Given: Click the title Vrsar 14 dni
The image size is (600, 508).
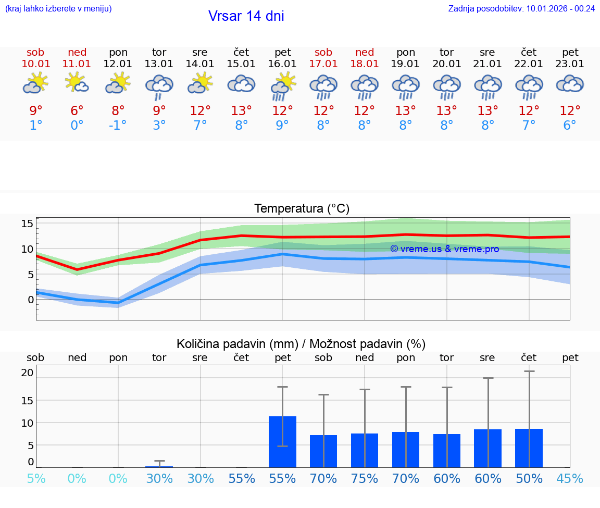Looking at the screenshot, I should [x=246, y=16].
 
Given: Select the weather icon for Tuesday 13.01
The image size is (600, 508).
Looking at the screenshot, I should [x=159, y=86].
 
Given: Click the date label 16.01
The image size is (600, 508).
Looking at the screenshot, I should [x=282, y=64].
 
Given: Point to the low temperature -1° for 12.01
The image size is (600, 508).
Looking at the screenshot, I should [x=118, y=126].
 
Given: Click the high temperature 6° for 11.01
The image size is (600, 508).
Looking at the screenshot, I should [x=77, y=111].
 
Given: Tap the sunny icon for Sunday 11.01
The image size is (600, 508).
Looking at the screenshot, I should [x=77, y=83].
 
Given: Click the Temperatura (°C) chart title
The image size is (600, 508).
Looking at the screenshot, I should [x=302, y=209].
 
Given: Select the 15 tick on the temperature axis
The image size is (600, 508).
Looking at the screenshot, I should [x=27, y=224].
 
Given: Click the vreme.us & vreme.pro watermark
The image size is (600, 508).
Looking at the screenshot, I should [x=444, y=249].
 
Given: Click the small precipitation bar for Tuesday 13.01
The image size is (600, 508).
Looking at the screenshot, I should [x=159, y=466].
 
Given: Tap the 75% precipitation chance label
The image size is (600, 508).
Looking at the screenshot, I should [x=365, y=479].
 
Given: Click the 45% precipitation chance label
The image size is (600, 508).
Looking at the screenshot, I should [x=570, y=479].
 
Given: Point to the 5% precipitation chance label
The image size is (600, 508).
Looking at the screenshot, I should [x=36, y=479].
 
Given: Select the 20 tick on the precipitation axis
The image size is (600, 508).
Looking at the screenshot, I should [x=27, y=373].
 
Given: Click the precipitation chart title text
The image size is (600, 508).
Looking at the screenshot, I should [x=301, y=344].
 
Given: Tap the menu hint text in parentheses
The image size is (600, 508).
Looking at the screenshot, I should [x=58, y=8].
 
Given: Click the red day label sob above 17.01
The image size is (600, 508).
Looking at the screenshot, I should [x=323, y=52].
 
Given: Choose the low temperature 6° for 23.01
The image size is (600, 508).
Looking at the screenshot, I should [x=570, y=126].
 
